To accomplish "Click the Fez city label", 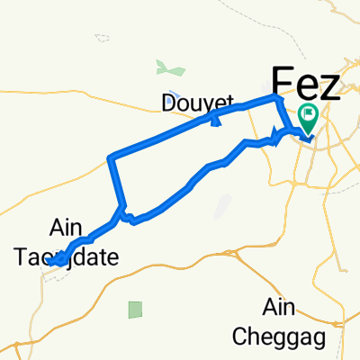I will (x=305, y=85).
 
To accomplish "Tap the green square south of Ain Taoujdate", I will (x=135, y=310).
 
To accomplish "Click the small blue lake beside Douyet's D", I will (x=175, y=94).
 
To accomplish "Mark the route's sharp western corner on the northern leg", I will (x=110, y=158).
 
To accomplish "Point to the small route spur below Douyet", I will (x=214, y=121).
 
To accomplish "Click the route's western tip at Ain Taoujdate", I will (x=52, y=261).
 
